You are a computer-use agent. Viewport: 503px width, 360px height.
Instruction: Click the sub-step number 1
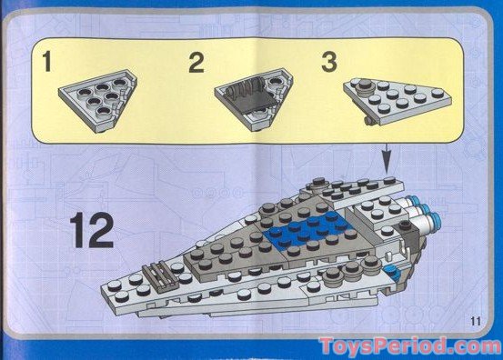44,65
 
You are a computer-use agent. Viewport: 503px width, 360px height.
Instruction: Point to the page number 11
476,318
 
